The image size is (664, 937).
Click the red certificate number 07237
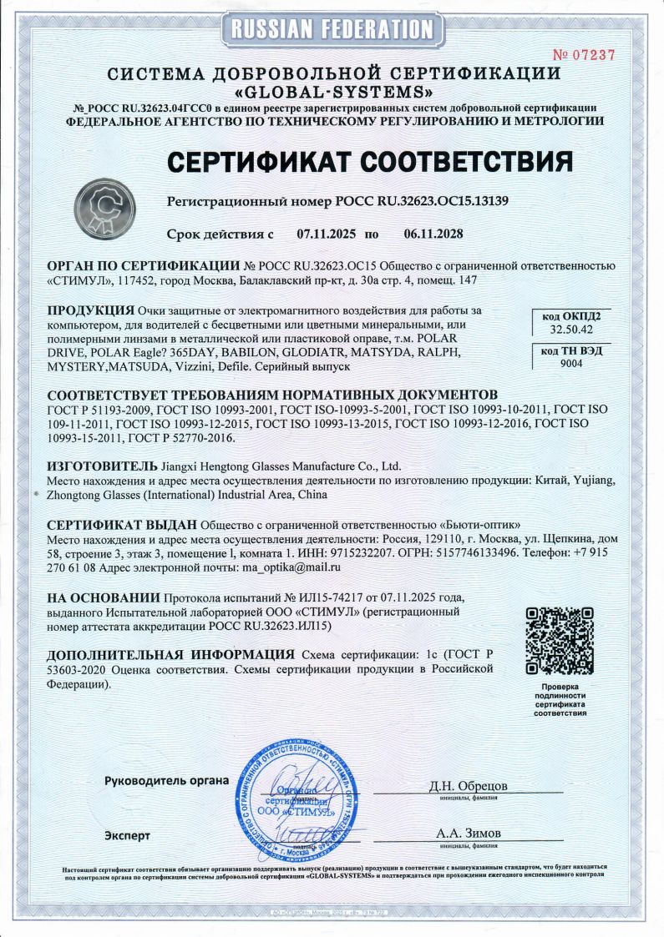coord(585,55)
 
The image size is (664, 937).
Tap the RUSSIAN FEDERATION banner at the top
coord(332,29)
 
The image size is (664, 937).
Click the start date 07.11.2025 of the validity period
coord(327,234)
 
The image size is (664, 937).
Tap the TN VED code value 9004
coord(570,364)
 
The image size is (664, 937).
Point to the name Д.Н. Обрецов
coord(468,786)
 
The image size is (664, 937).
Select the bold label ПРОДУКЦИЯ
coord(92,310)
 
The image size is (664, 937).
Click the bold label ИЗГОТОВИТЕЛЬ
coord(102,465)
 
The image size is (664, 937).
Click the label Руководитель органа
coord(166,781)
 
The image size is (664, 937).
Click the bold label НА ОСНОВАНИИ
coord(103,597)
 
